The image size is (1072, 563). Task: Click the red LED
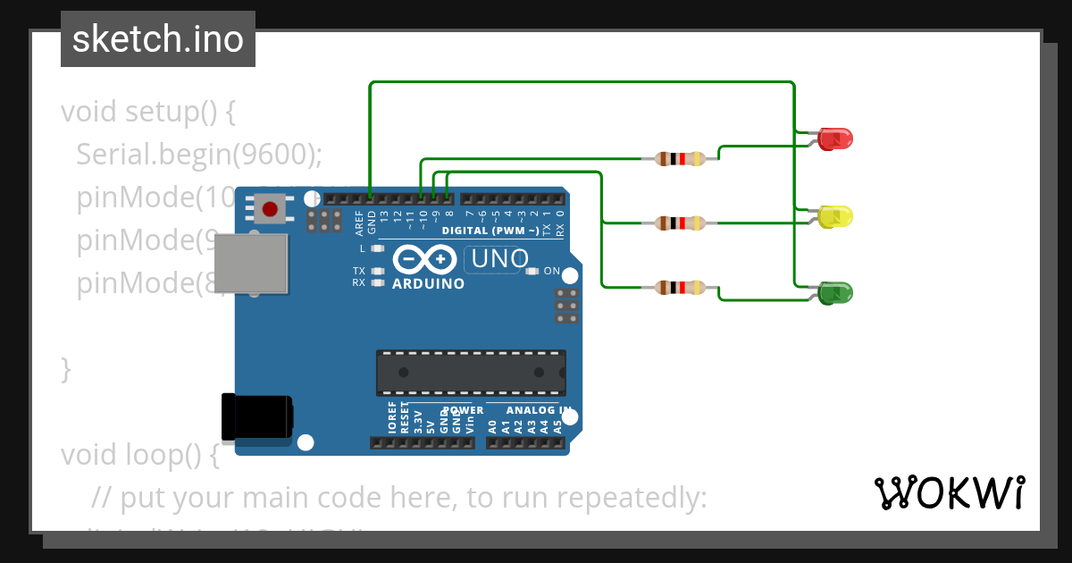[x=836, y=139]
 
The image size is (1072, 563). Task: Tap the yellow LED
[x=836, y=215]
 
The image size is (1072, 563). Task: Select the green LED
[x=836, y=293]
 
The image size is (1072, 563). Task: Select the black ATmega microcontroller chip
[x=470, y=373]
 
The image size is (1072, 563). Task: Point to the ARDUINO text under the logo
[x=429, y=284]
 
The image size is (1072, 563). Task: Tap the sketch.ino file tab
[x=158, y=39]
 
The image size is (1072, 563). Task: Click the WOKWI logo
[x=949, y=492]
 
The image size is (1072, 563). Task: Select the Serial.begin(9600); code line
[x=198, y=155]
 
